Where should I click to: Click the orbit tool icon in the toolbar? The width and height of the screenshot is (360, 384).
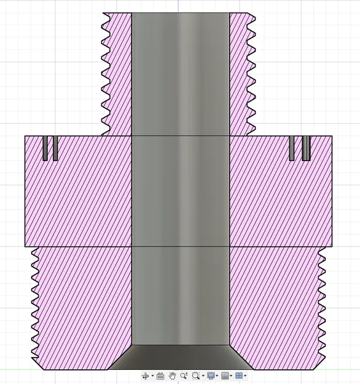click(x=145, y=375)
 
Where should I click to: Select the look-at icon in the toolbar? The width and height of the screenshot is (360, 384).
click(x=160, y=375)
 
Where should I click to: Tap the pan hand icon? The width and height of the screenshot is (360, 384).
click(x=173, y=375)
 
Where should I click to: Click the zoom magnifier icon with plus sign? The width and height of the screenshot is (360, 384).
click(x=184, y=375)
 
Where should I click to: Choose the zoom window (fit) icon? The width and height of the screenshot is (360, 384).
click(x=196, y=375)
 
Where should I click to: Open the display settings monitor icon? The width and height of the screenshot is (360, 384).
click(x=211, y=375)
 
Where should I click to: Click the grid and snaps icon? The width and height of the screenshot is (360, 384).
click(x=225, y=375)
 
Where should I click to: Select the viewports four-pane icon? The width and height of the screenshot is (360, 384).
click(x=240, y=375)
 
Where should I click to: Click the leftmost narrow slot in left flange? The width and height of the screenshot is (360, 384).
click(x=45, y=148)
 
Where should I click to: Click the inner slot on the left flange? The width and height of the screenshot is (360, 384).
click(x=55, y=148)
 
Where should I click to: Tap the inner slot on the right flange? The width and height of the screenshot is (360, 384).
click(x=293, y=148)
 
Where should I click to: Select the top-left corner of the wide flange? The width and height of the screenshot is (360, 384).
click(x=25, y=136)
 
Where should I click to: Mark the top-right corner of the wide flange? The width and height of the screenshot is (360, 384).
click(x=332, y=136)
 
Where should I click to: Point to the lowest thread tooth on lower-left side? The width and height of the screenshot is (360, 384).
click(x=34, y=359)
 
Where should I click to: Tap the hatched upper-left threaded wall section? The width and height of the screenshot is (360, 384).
click(x=118, y=74)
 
